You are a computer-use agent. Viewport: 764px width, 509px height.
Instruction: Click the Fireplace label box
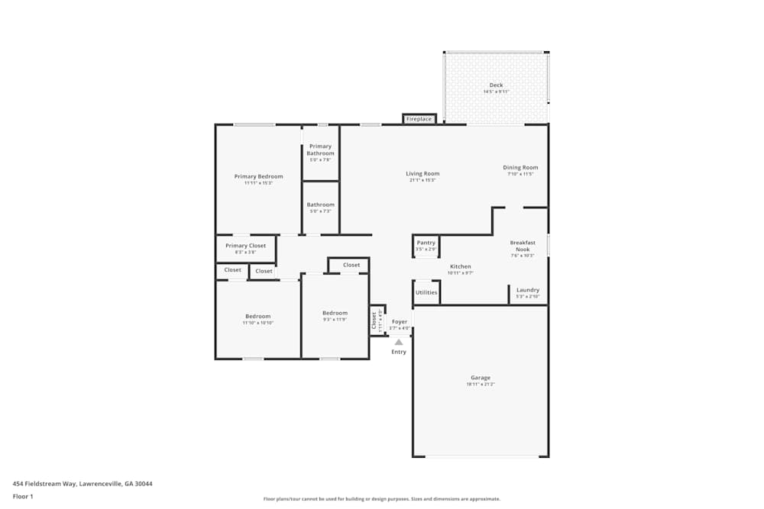click(419, 119)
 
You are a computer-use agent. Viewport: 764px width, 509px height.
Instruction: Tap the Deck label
click(496, 85)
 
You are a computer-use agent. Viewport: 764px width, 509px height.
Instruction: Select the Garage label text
click(481, 378)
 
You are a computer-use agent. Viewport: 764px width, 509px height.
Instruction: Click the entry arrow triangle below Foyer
click(399, 342)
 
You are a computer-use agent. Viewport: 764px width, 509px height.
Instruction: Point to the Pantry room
click(426, 246)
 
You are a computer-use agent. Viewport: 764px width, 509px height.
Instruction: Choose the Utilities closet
click(426, 292)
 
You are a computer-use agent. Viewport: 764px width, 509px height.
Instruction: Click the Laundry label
click(528, 290)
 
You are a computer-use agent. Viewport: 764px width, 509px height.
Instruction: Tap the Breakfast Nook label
click(523, 246)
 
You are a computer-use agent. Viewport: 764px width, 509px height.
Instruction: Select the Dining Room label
click(520, 168)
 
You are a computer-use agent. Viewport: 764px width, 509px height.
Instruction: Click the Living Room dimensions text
click(422, 180)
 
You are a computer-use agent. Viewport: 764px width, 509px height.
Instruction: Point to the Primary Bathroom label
click(320, 150)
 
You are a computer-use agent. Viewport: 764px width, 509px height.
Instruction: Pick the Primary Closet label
click(245, 246)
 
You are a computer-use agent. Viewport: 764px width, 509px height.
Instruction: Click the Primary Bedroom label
click(258, 176)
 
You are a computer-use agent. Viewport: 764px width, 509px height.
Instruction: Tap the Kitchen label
click(460, 266)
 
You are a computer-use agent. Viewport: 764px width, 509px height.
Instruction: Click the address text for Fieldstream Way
click(83, 483)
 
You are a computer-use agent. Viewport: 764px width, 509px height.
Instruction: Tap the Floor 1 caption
click(23, 496)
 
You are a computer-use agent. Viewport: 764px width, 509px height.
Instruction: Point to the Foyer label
click(400, 322)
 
